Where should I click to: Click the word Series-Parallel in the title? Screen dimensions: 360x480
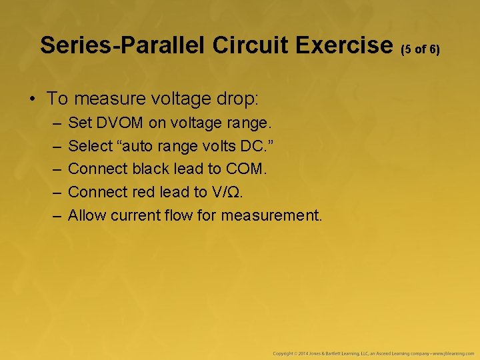point(123,45)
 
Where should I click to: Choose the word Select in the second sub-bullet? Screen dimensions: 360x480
point(87,146)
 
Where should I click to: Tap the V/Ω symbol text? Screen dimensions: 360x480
point(227,192)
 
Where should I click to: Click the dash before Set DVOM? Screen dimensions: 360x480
point(53,123)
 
